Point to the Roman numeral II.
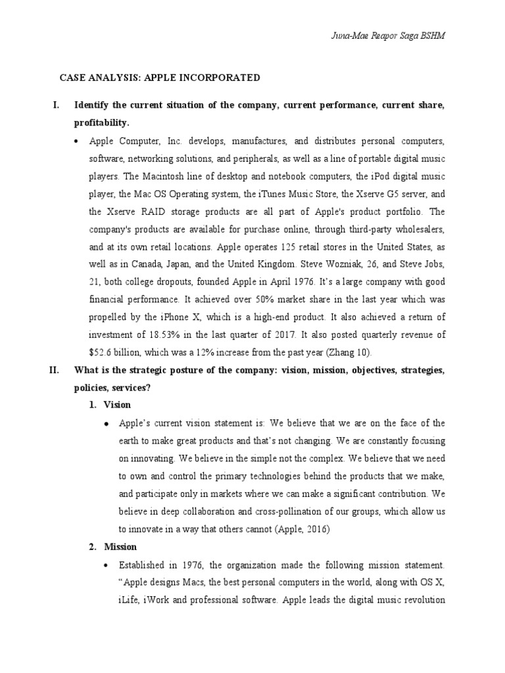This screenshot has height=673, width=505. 55,370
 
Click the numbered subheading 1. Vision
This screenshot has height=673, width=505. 110,405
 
